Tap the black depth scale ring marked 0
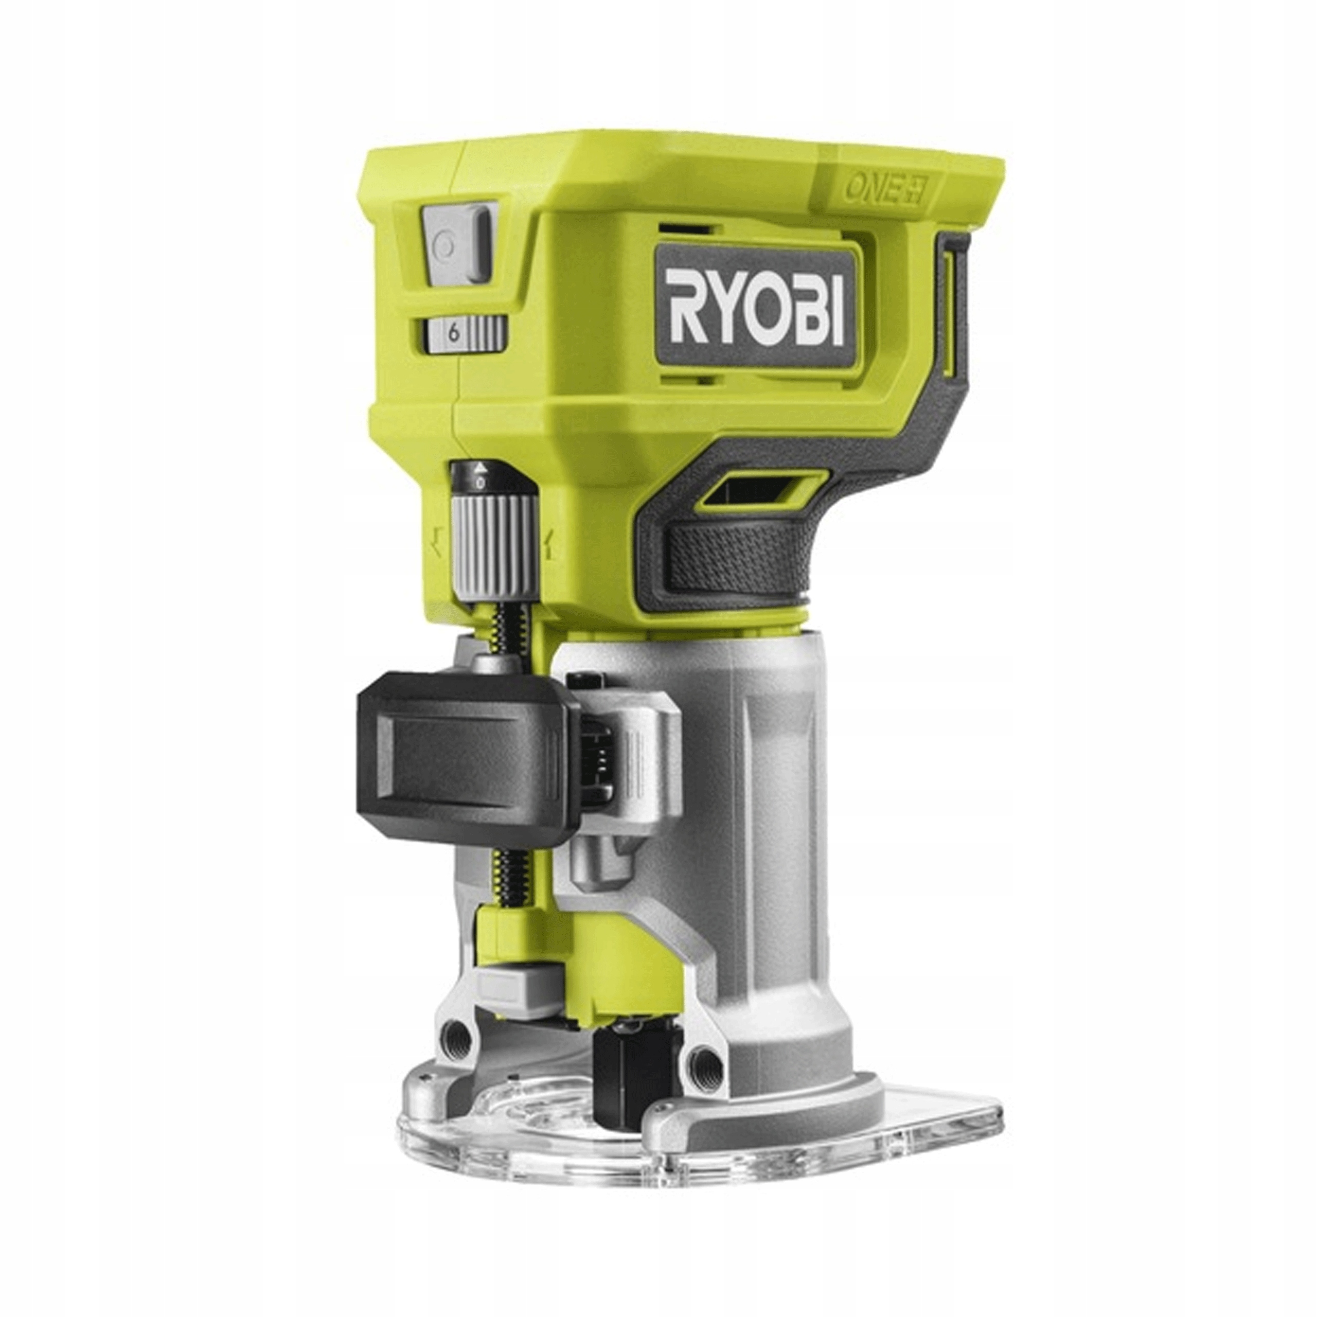coord(481,477)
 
